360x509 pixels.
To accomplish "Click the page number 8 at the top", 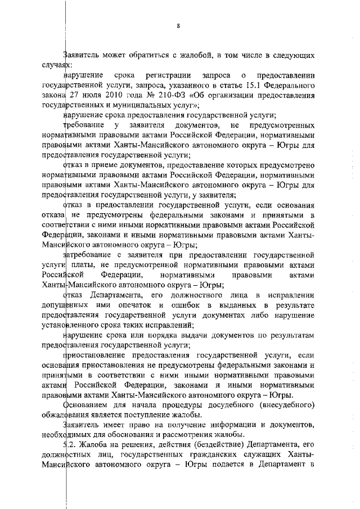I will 178,26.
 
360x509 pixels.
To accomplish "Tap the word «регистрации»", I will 166,75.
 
